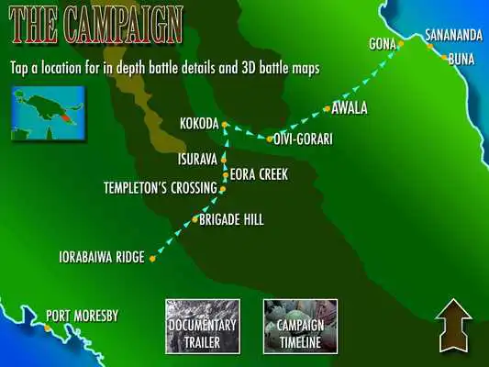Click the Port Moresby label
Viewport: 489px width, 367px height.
82,317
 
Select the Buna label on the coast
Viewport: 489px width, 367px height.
461,59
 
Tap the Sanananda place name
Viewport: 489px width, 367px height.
453,38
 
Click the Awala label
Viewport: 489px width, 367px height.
349,108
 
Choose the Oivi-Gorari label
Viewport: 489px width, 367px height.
302,139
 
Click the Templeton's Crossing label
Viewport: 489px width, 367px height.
160,189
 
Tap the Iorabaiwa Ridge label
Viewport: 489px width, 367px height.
101,258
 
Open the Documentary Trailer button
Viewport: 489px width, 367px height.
203,327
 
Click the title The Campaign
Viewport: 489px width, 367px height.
96,23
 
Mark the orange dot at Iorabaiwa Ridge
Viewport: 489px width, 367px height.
152,259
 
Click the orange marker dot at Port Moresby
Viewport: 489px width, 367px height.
48,326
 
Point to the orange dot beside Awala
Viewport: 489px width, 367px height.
327,109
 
